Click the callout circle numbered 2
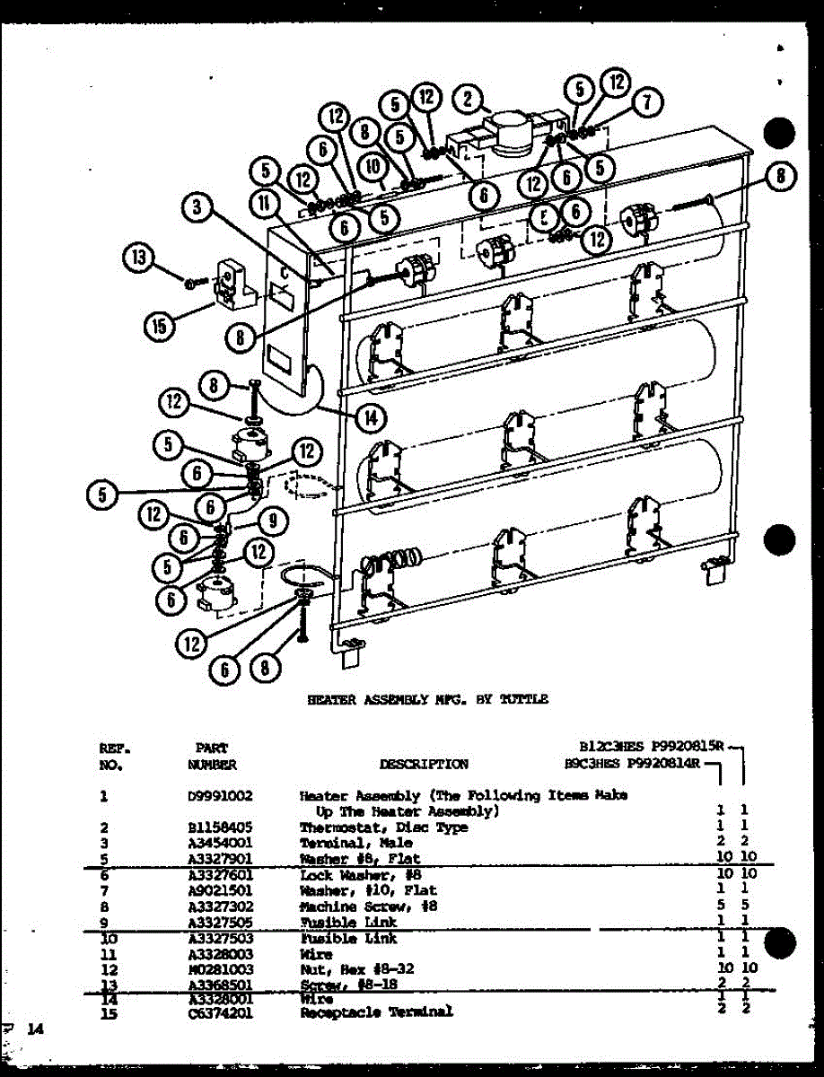[x=468, y=99]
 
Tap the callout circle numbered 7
[x=647, y=102]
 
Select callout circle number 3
[x=196, y=209]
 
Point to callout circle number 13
[x=137, y=260]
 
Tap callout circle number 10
[x=373, y=167]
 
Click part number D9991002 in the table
[x=213, y=796]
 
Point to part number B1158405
[x=213, y=827]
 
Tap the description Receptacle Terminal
[x=376, y=1011]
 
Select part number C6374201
[x=213, y=1011]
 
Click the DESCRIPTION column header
[x=423, y=765]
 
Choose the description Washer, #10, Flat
[x=368, y=890]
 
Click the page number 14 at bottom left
[x=34, y=1029]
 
